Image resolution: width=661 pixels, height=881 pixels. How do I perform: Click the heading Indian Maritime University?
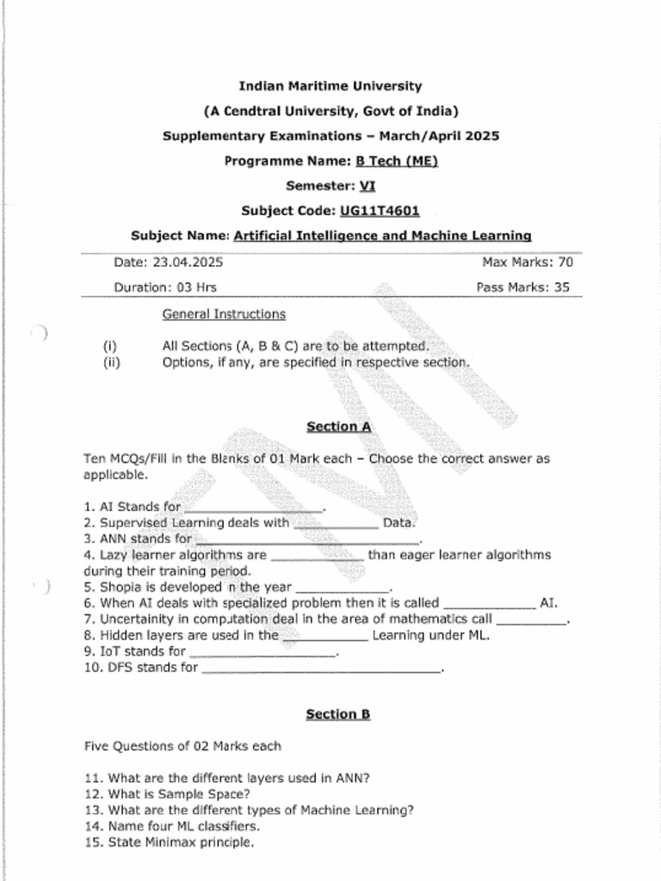point(330,86)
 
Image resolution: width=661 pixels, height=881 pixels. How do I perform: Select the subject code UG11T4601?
point(380,211)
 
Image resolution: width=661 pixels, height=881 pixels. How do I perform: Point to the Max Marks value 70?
point(565,262)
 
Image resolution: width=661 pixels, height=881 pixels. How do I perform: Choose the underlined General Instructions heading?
point(224,314)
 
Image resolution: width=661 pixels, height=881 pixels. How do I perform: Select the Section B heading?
point(338,714)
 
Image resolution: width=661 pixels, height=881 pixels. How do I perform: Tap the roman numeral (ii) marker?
point(110,362)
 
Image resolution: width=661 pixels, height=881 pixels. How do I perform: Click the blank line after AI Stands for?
point(253,508)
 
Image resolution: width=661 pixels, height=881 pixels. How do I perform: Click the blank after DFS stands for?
point(320,668)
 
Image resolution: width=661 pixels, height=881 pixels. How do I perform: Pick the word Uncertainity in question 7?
point(139,619)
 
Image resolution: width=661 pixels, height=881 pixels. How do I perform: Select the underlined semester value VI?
point(368,186)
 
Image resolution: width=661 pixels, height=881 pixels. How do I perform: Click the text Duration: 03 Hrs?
point(165,287)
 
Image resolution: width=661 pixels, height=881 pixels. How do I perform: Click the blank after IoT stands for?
point(262,652)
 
